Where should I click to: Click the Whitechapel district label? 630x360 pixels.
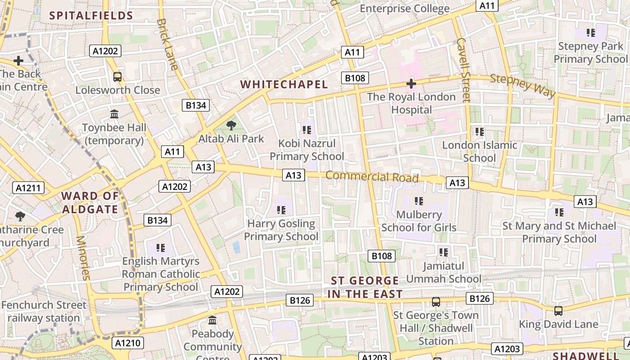click(x=284, y=85)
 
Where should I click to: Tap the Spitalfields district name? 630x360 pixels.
click(x=91, y=16)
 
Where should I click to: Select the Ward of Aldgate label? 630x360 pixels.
click(x=90, y=202)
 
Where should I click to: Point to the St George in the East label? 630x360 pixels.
click(x=365, y=287)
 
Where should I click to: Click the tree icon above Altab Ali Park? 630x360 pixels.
click(x=231, y=126)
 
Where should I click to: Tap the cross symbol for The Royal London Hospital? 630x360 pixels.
click(x=411, y=84)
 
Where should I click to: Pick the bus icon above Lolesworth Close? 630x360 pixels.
click(x=117, y=77)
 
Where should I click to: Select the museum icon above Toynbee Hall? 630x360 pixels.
click(x=114, y=114)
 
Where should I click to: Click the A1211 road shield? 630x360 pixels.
click(x=28, y=188)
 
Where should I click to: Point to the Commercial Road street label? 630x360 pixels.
click(x=372, y=176)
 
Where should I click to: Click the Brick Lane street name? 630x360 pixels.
click(x=167, y=44)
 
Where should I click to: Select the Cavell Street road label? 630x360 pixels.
click(x=463, y=69)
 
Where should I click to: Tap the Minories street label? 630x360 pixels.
click(x=84, y=257)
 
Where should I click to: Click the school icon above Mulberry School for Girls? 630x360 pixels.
click(x=419, y=201)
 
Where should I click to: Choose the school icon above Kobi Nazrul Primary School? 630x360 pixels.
click(x=307, y=130)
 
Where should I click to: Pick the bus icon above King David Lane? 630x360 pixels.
click(x=558, y=311)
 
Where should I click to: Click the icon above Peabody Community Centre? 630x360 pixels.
click(x=212, y=320)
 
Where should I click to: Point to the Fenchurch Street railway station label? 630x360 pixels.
click(x=44, y=311)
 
